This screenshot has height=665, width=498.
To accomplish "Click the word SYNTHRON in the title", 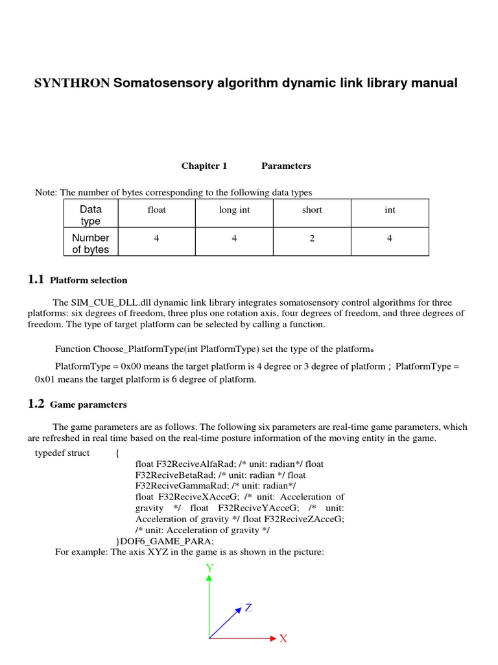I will pos(72,83).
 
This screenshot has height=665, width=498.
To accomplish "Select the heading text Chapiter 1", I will pos(204,166).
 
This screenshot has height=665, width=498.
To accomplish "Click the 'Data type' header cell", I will pos(90,215).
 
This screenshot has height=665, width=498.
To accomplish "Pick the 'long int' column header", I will pos(234,210).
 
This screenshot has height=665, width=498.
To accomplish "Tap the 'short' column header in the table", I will pos(312,210).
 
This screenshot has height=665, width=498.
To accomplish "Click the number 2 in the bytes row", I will pos(312,238).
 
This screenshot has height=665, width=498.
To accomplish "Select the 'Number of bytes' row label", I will pos(90,244).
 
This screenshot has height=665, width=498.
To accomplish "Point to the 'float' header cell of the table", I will pos(156,210).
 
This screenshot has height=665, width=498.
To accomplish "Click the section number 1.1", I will pos(36,280).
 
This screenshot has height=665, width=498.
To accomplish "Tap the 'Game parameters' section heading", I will pos(88,405).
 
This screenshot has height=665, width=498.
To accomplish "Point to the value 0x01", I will pos(46,379).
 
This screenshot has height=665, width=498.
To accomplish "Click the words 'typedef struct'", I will pos(62,453).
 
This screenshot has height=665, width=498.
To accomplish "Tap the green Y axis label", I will pos(209,568).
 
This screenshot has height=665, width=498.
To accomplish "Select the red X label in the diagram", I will pos(283,639).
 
